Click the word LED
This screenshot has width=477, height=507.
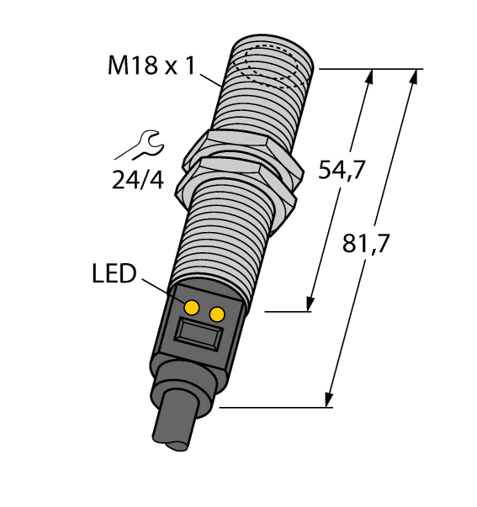(x=114, y=274)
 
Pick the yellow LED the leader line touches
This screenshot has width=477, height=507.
(x=192, y=305)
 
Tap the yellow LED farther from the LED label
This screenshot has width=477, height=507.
(x=217, y=314)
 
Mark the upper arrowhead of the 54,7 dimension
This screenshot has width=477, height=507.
(x=367, y=77)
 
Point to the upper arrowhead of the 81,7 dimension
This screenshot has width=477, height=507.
(x=413, y=77)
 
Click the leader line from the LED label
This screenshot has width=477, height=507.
(x=162, y=288)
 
